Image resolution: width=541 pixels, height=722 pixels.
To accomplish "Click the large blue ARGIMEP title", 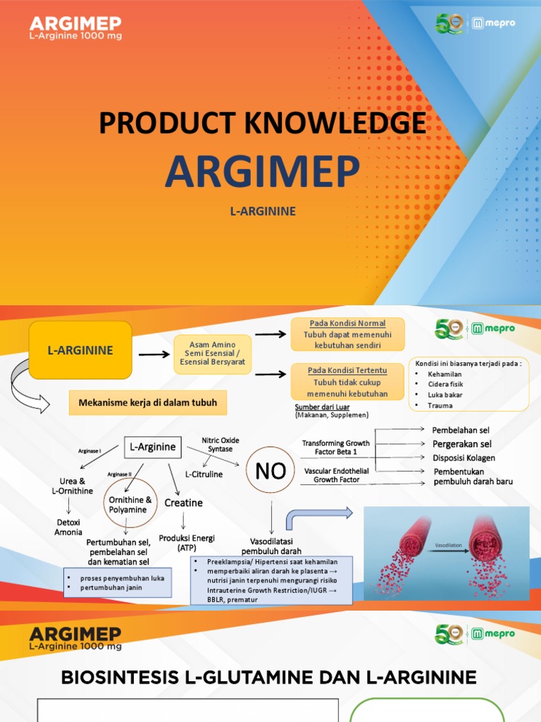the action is (262, 171).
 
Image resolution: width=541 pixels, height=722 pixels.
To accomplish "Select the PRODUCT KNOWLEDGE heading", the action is (262, 123).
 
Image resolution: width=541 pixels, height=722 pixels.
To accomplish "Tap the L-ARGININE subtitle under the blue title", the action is (262, 211).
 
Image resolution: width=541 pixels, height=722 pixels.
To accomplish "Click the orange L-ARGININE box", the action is (80, 350).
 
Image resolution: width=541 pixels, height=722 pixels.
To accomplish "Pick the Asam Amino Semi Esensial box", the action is (213, 354).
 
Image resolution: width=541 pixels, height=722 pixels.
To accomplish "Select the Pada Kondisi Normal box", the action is (347, 334).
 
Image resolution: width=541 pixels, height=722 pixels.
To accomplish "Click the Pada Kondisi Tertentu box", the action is (347, 382).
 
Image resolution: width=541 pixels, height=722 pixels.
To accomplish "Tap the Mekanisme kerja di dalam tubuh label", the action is (147, 403).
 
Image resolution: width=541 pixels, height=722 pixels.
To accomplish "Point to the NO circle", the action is (270, 471).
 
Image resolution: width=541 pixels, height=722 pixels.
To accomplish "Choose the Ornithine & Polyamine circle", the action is (128, 504).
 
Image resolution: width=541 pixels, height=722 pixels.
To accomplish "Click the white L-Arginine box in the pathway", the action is (153, 446).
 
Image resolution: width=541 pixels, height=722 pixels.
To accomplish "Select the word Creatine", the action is (184, 503).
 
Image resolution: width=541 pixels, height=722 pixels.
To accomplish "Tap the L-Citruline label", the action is (204, 475).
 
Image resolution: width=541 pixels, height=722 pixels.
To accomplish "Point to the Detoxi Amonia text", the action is (68, 527).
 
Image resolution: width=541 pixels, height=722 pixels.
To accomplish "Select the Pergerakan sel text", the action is (461, 444).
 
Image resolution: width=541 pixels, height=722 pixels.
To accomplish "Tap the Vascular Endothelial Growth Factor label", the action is (336, 475).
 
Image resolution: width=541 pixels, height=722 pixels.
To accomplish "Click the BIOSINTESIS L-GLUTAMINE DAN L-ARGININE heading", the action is (269, 678).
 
